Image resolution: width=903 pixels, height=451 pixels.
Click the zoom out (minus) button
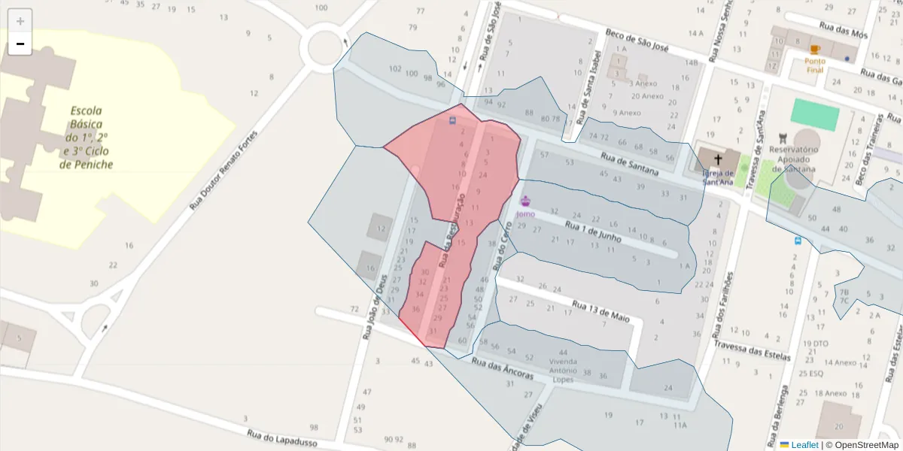(x=20, y=44)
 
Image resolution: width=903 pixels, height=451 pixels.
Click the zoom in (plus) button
(x=20, y=21)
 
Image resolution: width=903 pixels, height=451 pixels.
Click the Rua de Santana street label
(x=629, y=165)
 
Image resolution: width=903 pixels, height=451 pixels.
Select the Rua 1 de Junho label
(x=593, y=231)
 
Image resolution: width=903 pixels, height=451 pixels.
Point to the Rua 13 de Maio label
(x=600, y=311)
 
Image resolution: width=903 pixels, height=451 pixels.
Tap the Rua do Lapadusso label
(x=282, y=437)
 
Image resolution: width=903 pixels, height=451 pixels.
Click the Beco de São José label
(x=637, y=41)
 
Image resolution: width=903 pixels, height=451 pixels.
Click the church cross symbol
(x=718, y=159)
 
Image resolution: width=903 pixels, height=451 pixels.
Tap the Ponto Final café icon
(x=815, y=50)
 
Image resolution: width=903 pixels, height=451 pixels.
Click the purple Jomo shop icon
(x=525, y=201)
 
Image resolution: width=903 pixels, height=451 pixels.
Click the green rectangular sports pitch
(x=815, y=115)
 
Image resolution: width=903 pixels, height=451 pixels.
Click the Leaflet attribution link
(x=804, y=445)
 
